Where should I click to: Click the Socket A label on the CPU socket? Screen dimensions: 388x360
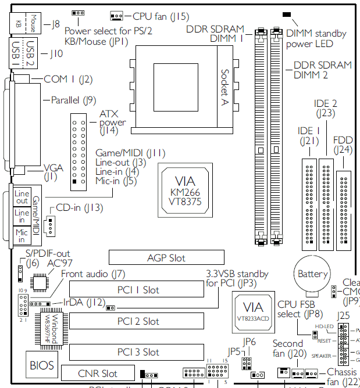224,87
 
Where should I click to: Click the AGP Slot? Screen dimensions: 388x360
166,257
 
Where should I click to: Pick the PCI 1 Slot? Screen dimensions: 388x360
138,290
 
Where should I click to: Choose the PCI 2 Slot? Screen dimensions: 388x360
138,321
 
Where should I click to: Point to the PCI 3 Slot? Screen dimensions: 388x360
138,352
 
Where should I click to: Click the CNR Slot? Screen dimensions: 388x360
97,373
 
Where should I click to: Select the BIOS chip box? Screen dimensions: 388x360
42,365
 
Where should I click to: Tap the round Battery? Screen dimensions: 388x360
313,274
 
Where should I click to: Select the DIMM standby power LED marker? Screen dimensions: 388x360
286,14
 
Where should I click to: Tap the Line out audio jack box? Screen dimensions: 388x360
22,196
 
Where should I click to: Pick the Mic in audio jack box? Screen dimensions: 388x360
22,235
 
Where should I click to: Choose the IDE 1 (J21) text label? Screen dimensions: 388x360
309,135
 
